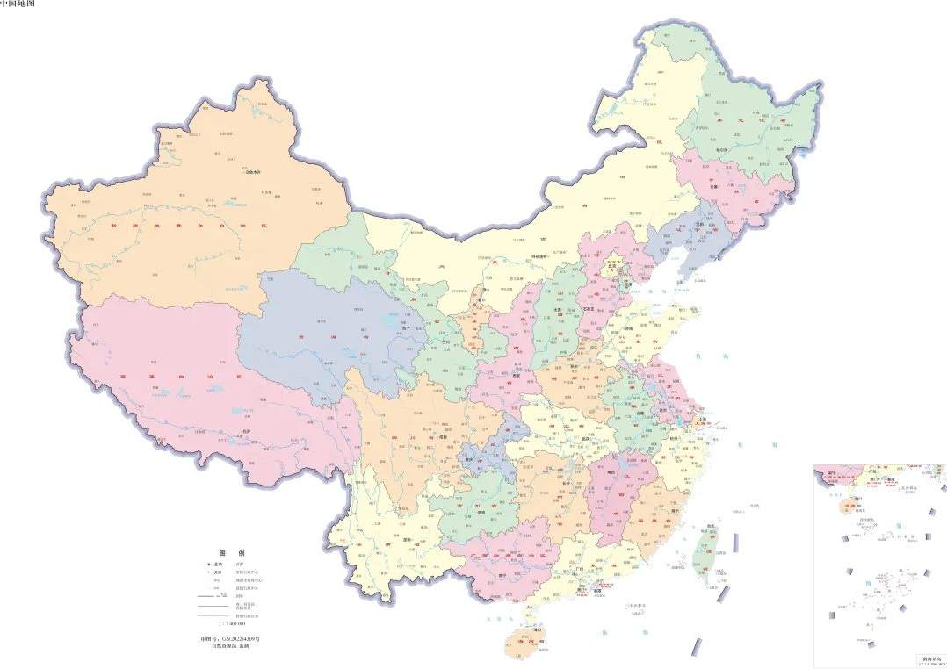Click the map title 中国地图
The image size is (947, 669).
18,4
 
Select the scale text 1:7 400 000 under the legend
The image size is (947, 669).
230,622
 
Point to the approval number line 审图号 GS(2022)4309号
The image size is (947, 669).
231,638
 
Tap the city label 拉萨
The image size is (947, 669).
247,431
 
